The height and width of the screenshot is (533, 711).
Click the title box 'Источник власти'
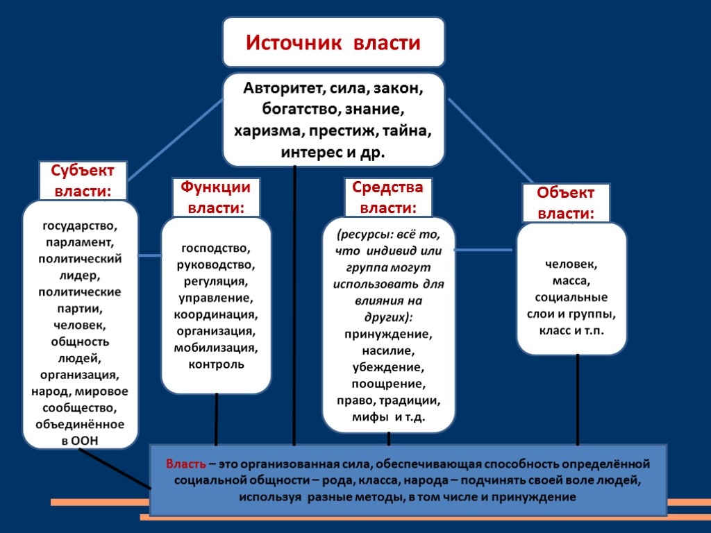tap(333, 43)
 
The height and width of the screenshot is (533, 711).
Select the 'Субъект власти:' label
tap(82, 180)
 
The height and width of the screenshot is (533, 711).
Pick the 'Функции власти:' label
tap(215, 197)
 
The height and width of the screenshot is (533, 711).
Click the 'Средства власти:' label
tap(387, 197)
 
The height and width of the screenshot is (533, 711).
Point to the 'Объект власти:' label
tap(567, 203)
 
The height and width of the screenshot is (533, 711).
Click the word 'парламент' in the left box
tap(81, 242)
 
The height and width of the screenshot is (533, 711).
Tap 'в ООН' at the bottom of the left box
tap(81, 440)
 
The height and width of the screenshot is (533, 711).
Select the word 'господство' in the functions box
tap(216, 248)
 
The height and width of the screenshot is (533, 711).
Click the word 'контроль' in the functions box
tap(216, 364)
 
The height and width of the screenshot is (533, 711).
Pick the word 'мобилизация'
tap(216, 347)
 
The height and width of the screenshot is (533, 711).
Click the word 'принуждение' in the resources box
tap(387, 334)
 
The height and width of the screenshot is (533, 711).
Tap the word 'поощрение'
tap(387, 384)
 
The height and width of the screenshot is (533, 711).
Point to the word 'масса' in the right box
tap(571, 281)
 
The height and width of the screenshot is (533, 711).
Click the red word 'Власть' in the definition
tap(185, 464)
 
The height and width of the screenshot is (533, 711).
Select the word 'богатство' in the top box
tap(296, 110)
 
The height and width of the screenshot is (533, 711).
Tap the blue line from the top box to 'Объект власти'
tap(490, 139)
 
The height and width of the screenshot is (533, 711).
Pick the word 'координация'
tap(216, 314)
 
